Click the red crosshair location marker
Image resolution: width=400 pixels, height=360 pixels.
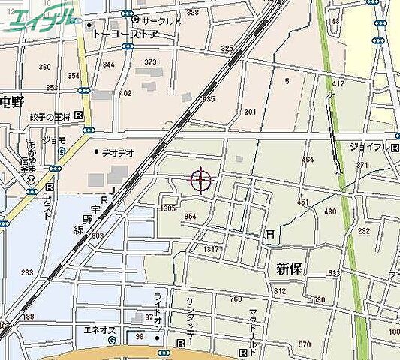(x=200, y=181)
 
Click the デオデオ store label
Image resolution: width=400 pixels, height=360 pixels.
(x=118, y=152)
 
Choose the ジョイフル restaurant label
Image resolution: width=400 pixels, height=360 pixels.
(x=369, y=146)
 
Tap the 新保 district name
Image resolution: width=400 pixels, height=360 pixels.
(x=289, y=268)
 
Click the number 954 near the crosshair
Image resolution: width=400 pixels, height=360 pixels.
(x=190, y=217)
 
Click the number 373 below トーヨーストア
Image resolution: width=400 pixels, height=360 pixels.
(x=150, y=62)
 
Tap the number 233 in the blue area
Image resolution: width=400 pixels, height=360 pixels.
(x=27, y=273)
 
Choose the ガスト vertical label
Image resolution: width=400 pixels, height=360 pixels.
(x=50, y=207)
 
